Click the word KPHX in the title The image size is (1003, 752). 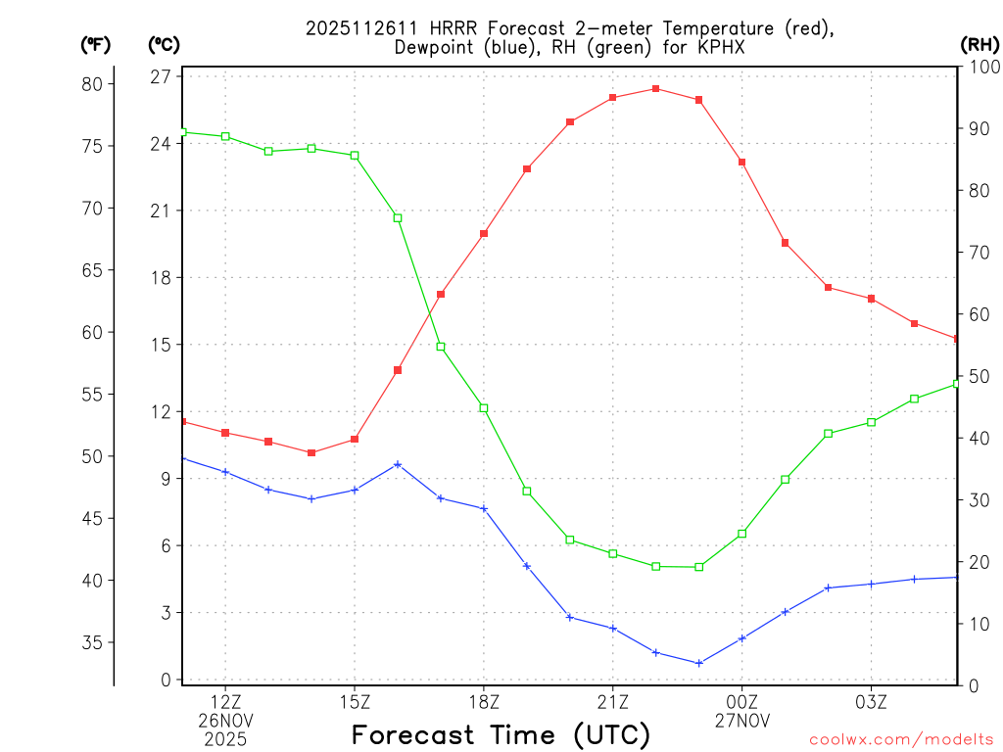(x=719, y=47)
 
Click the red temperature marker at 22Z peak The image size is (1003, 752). (x=656, y=89)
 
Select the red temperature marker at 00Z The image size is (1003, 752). (x=742, y=163)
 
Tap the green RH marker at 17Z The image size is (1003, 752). (x=441, y=347)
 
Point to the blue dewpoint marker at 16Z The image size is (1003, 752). (x=398, y=464)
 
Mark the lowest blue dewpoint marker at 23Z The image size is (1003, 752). (x=699, y=663)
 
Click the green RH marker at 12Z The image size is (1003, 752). (x=225, y=136)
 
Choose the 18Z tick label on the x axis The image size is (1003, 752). (x=484, y=701)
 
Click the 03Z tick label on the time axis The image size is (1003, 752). (x=872, y=701)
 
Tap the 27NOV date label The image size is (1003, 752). (x=742, y=721)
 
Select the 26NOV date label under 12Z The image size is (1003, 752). (x=225, y=721)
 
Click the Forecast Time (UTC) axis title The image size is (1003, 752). (x=501, y=734)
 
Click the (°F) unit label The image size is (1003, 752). (x=96, y=44)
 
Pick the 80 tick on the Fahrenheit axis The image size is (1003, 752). (x=91, y=84)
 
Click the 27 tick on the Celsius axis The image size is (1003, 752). (x=161, y=76)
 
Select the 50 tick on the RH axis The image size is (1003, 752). (x=976, y=377)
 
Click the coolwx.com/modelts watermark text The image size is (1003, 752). (x=901, y=739)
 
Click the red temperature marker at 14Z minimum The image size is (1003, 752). (x=311, y=452)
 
